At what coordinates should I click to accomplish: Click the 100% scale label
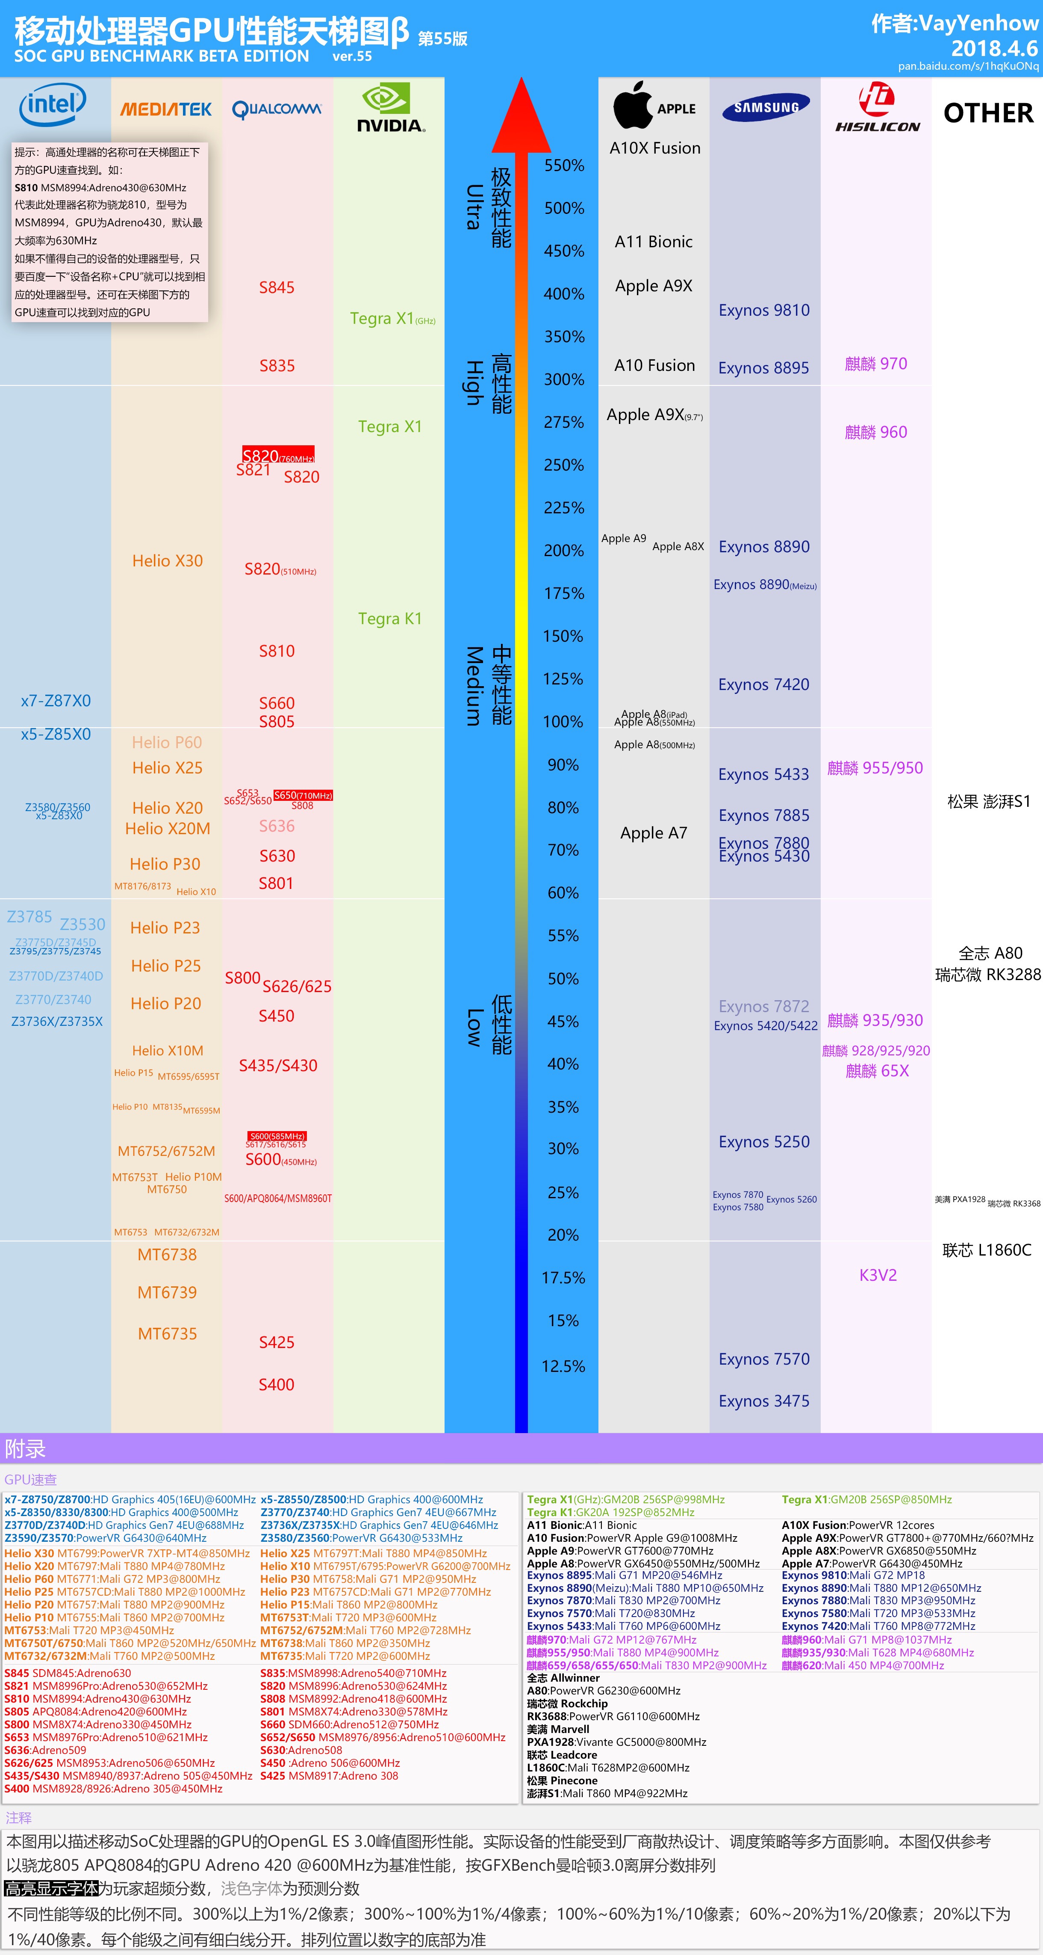563,722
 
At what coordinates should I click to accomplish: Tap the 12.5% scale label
563,1366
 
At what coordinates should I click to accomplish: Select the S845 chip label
277,287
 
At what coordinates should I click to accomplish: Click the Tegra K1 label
390,619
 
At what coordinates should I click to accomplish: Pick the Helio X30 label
168,561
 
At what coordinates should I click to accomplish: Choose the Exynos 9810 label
764,311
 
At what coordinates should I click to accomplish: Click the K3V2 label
878,1275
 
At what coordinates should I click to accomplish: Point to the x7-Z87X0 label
56,700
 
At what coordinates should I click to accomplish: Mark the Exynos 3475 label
764,1401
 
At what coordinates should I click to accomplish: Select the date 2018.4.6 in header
994,49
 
